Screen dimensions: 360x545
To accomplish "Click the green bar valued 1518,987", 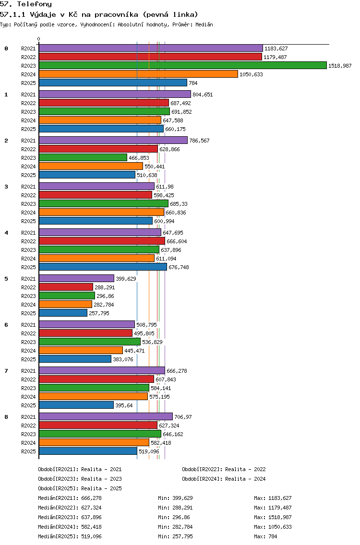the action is (x=183, y=65).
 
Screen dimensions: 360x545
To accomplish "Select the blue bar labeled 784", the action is (x=113, y=83).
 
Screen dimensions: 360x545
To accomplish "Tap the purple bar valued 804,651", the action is (x=115, y=94).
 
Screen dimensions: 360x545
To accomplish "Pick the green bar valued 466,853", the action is (x=83, y=157).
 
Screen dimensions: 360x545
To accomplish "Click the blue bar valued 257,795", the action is (x=63, y=313).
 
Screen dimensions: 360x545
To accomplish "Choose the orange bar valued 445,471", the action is (x=81, y=350).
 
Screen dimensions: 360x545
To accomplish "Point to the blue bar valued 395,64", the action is (x=76, y=405).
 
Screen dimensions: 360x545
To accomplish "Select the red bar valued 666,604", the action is (x=102, y=241).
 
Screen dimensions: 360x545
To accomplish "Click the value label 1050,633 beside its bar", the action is (x=251, y=74).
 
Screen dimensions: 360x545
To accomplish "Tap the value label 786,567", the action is (x=199, y=141).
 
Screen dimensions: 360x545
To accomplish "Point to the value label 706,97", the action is (x=183, y=417).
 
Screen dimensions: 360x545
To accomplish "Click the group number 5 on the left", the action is (x=6, y=279).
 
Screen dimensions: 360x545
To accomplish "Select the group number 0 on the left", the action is (x=6, y=48).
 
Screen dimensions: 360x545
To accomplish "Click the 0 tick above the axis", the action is (x=38, y=39).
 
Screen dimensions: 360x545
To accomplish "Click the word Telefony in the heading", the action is (x=35, y=4).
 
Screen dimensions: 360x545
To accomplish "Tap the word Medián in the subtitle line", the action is (x=204, y=24).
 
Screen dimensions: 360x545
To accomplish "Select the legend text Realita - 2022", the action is (x=245, y=469).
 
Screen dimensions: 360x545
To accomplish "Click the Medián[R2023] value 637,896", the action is (x=92, y=517).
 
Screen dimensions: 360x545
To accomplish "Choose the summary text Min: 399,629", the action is (x=175, y=498).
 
